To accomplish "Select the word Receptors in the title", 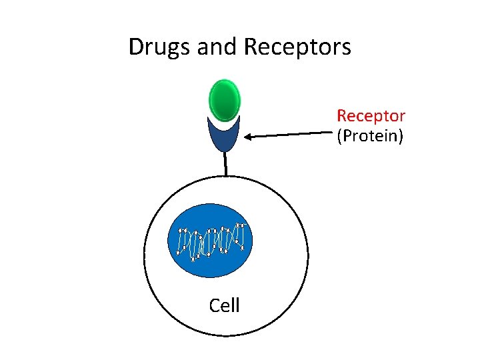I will coord(298,47).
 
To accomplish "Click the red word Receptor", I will coord(371,116).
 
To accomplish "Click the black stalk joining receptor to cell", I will coord(226,164).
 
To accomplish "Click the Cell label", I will coord(225,305).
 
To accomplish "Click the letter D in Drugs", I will coord(135,47).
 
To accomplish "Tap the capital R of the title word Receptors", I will coord(251,47).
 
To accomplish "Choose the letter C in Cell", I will coord(215,305).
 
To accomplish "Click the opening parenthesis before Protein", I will coord(339,137).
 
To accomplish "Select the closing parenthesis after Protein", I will coord(401,137).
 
